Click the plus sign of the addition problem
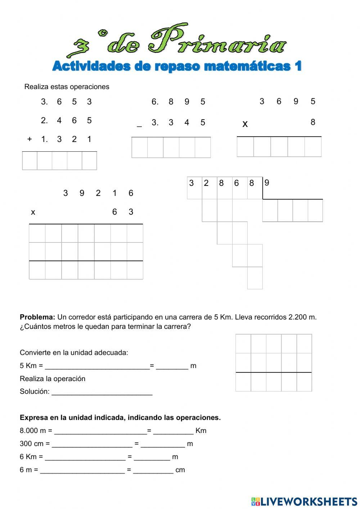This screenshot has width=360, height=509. [x=30, y=139]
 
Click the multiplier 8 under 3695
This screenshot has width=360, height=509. [x=312, y=122]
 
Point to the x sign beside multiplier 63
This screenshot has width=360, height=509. [x=33, y=213]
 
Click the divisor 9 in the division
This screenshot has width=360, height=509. [x=267, y=183]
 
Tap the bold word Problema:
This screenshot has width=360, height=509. [x=37, y=317]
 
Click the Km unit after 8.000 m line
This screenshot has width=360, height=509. [x=201, y=431]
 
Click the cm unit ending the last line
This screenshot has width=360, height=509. [x=180, y=470]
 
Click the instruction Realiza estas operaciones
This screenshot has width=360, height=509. [x=67, y=87]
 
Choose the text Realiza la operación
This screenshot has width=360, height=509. [x=53, y=379]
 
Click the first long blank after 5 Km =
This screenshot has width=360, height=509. [x=97, y=366]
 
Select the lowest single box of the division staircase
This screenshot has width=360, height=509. [x=255, y=278]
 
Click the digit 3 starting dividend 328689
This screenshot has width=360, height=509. [x=192, y=183]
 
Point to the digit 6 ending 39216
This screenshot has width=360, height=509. [x=131, y=193]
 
